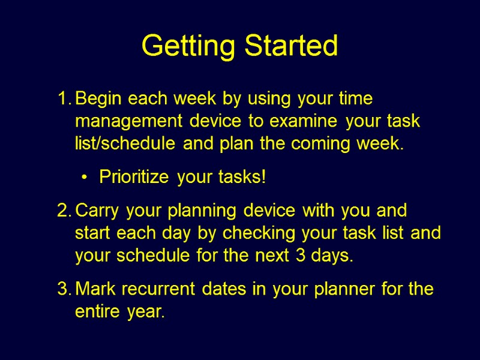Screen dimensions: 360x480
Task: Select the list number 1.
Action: click(63, 98)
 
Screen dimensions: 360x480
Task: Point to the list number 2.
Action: click(63, 211)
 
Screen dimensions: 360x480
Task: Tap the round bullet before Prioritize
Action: click(84, 178)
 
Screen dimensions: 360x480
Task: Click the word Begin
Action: click(99, 98)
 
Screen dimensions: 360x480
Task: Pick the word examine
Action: click(304, 121)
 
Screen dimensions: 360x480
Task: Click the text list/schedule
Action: click(125, 144)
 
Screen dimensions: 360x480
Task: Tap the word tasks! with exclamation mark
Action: click(243, 178)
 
